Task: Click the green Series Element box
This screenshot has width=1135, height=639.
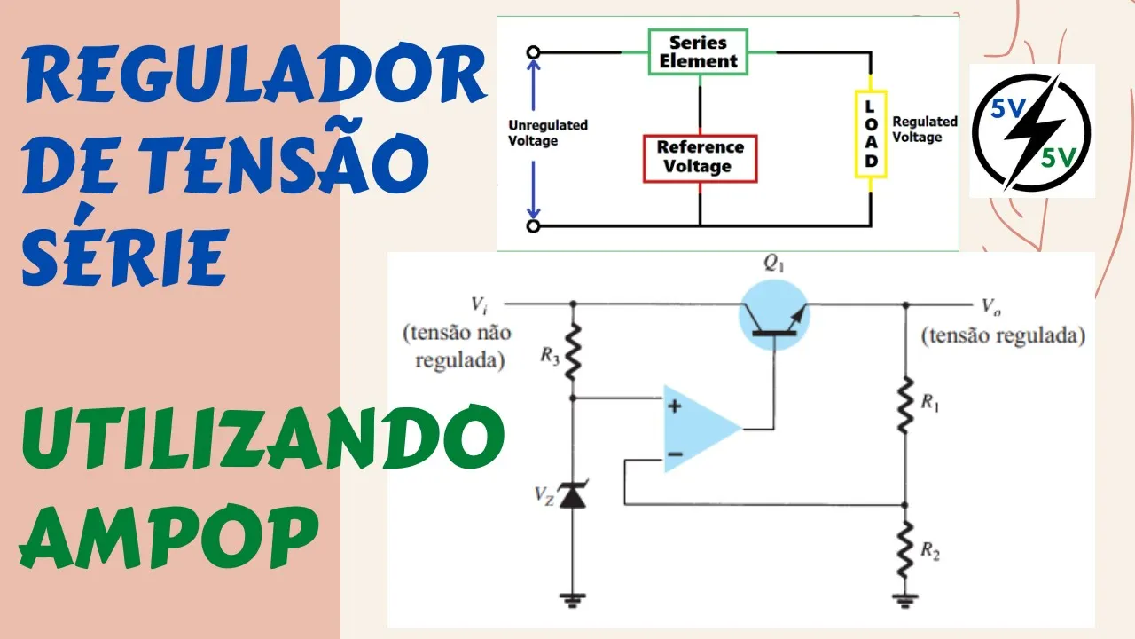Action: (698, 52)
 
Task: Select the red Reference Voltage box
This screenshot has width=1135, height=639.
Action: (700, 157)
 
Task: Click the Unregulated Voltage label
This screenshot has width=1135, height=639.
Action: (547, 133)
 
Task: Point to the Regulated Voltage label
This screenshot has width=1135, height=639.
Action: (925, 130)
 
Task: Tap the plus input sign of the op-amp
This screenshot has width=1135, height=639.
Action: (675, 406)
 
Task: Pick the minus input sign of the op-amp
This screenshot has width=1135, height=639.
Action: (675, 454)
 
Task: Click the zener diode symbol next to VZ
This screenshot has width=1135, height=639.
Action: (573, 495)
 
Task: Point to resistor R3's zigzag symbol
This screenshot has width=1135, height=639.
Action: (573, 351)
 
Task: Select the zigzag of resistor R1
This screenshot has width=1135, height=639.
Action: (905, 404)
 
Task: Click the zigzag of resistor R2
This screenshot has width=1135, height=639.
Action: (905, 549)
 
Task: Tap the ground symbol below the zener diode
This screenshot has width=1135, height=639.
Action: (573, 600)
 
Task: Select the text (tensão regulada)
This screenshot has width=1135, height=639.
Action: (1003, 336)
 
